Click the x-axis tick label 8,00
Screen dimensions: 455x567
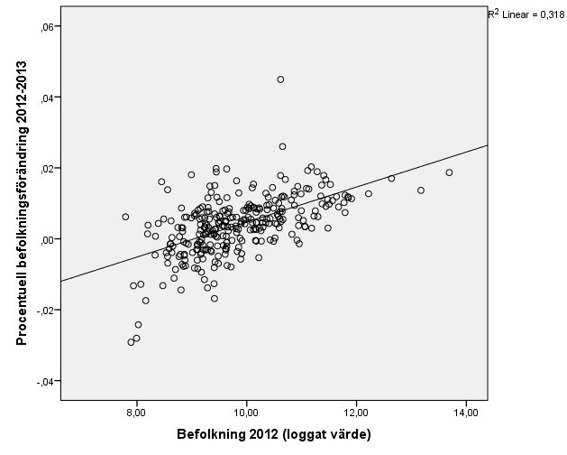[x=136, y=413]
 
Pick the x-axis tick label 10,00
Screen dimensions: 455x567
[x=246, y=413]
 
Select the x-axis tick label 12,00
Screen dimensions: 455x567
[x=356, y=413]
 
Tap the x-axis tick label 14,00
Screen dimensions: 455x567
[x=466, y=413]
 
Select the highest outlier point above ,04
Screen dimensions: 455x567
[x=280, y=79]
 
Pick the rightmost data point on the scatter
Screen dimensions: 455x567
[x=449, y=172]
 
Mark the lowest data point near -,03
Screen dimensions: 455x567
[x=131, y=342]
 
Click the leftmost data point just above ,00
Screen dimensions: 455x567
[x=125, y=217]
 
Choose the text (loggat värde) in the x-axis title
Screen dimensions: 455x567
[x=325, y=434]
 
